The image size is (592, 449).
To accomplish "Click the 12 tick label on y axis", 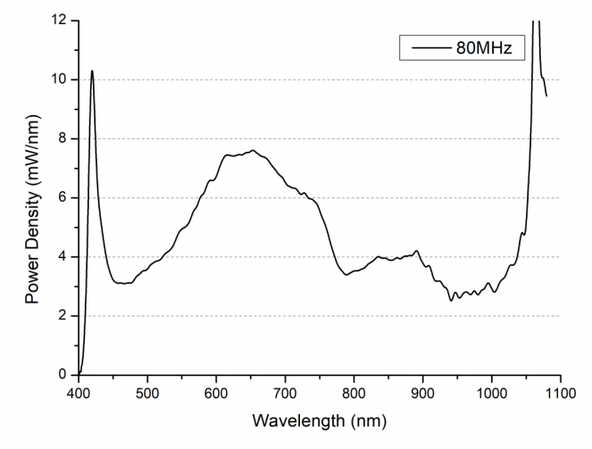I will tap(61, 21).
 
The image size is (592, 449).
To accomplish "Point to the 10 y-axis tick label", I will tap(61, 79).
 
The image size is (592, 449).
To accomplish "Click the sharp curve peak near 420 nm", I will tap(92, 71).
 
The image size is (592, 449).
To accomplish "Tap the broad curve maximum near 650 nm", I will tap(253, 150).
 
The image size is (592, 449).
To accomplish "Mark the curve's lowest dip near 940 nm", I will tap(451, 300).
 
